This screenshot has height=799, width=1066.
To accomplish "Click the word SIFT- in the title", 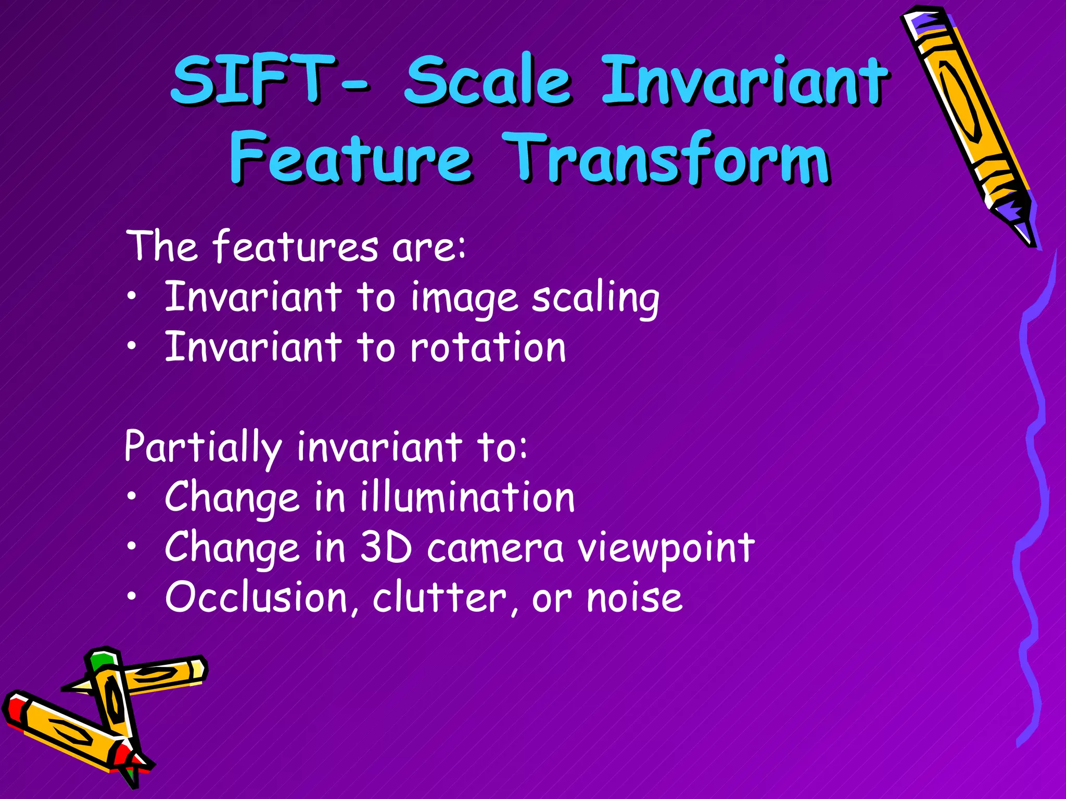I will pos(271,81).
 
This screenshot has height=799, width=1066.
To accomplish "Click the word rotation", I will pos(488,347).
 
